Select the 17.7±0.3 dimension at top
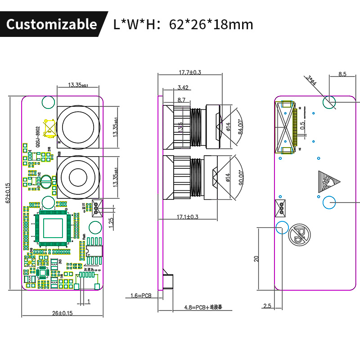point(189,72)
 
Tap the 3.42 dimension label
point(183,87)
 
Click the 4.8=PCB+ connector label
point(203,307)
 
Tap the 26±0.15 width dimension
point(62,313)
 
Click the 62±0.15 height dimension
point(8,193)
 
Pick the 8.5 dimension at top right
point(342,74)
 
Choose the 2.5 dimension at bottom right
point(267,306)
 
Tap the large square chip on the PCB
point(53,227)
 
